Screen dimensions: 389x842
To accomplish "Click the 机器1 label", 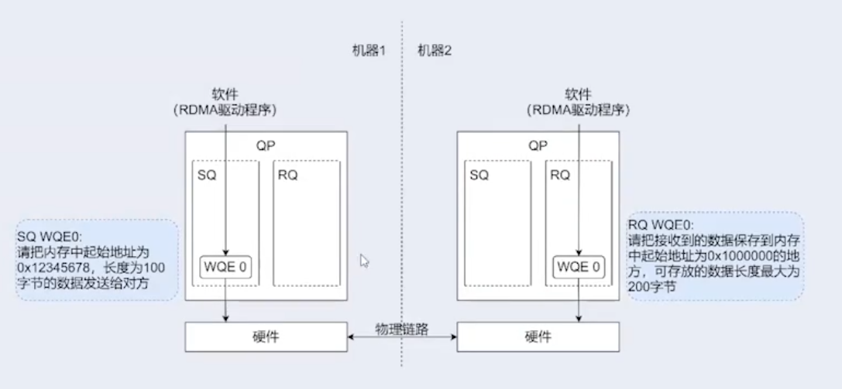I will (x=367, y=52).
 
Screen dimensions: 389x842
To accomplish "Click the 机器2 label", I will (x=435, y=52).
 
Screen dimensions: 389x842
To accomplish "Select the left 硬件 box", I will (x=266, y=336).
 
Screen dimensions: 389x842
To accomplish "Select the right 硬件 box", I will (x=538, y=336).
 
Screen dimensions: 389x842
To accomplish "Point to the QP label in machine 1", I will (x=265, y=145).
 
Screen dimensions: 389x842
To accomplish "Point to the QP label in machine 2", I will (x=538, y=145).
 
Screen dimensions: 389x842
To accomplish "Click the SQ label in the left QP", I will (x=207, y=176).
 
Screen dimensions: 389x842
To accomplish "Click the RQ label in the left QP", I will (x=287, y=176).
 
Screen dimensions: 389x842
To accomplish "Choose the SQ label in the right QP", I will (x=479, y=176).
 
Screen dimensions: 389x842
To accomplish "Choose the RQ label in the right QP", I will (x=560, y=176).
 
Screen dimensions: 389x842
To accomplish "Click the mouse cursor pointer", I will (x=364, y=261).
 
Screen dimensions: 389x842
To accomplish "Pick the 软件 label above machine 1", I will (x=225, y=94).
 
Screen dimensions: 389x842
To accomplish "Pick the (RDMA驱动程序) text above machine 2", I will (x=577, y=110).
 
